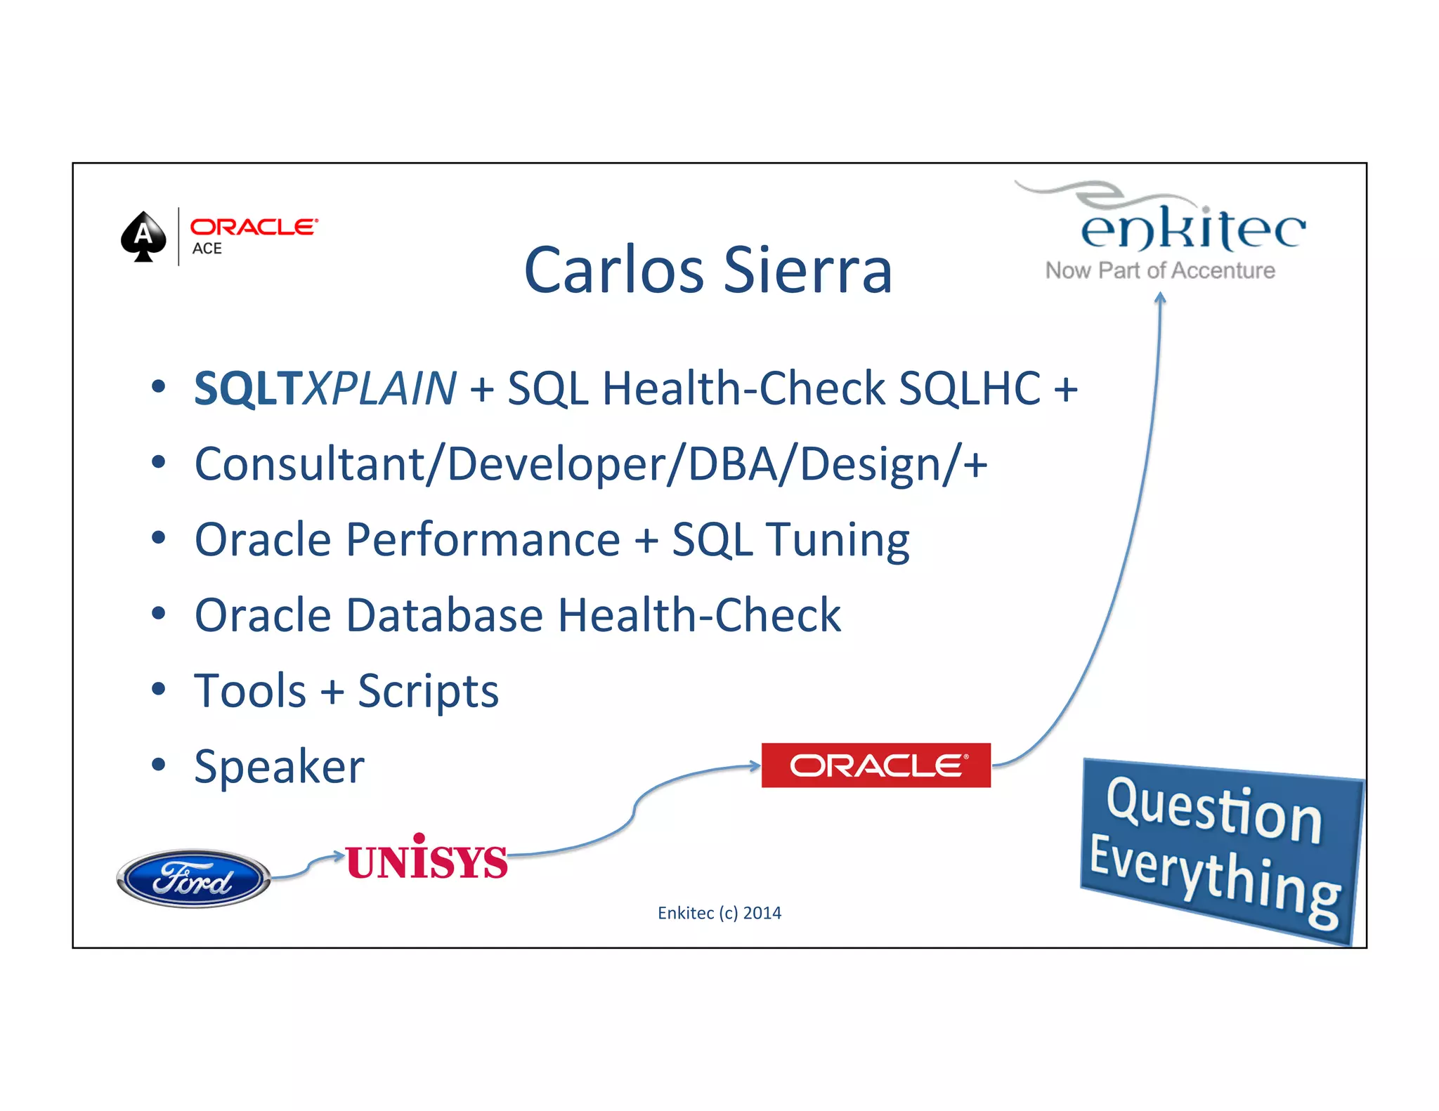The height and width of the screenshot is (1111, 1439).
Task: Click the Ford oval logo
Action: click(x=193, y=879)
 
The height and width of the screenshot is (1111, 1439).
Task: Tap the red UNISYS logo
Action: click(x=427, y=859)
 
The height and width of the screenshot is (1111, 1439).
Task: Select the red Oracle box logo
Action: click(x=875, y=765)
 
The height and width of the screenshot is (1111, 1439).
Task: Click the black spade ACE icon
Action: click(x=143, y=237)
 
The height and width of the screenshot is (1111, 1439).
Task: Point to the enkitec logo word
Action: click(x=1192, y=229)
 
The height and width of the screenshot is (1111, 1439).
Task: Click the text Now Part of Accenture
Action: click(x=1159, y=270)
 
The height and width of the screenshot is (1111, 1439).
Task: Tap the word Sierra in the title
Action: click(x=808, y=270)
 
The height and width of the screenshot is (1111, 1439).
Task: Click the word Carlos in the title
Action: click(x=613, y=270)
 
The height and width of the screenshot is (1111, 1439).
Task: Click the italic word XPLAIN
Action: click(x=379, y=388)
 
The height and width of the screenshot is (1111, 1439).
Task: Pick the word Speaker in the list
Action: click(x=279, y=766)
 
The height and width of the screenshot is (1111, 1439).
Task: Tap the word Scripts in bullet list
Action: click(x=428, y=691)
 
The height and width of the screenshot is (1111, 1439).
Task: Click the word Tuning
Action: click(x=838, y=540)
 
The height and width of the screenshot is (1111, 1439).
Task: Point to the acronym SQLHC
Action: click(x=970, y=388)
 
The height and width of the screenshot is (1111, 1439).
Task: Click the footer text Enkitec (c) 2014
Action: click(x=719, y=913)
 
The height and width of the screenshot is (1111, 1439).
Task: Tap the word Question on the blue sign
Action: click(x=1214, y=811)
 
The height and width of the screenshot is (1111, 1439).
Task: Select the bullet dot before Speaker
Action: click(x=159, y=764)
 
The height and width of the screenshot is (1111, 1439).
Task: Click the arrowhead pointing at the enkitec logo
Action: click(x=1160, y=298)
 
